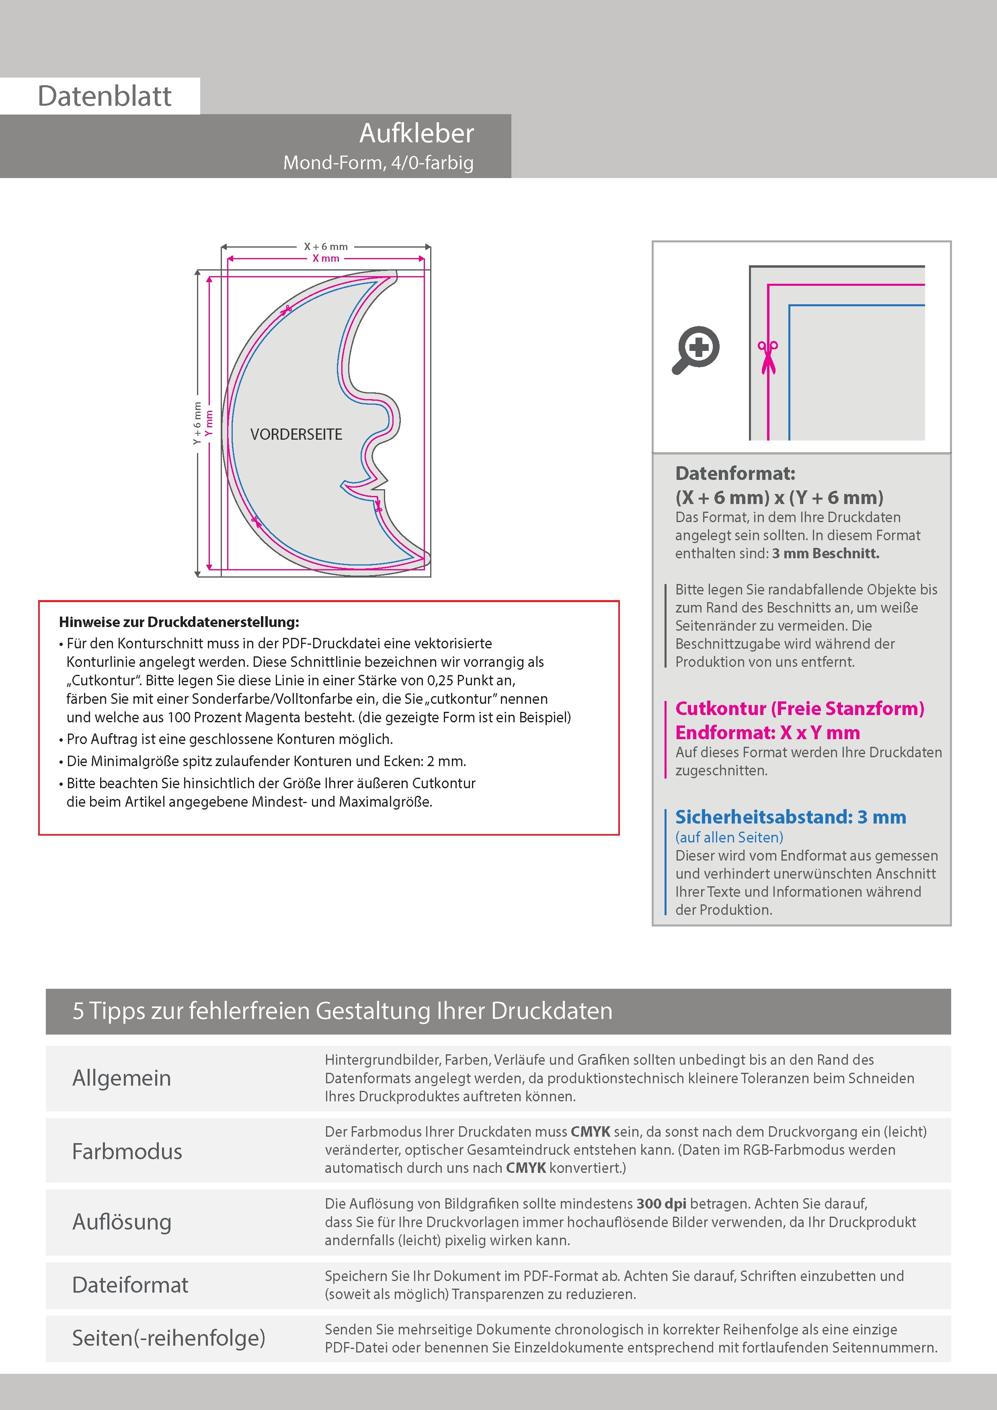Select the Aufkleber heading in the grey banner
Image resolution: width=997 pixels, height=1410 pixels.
coord(416,133)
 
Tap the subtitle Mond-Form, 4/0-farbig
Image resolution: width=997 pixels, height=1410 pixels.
coord(378,163)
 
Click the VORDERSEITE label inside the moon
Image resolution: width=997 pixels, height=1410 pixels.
coord(296,434)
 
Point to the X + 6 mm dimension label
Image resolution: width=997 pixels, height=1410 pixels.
coord(326,246)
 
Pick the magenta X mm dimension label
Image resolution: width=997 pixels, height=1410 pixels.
coord(326,258)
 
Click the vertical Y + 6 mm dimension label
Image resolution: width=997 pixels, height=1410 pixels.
coord(197,423)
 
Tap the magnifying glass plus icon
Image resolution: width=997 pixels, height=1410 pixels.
coord(696,349)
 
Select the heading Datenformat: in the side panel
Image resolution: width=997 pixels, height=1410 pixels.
coord(735,473)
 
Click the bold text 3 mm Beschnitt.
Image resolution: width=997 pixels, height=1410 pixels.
coord(826,553)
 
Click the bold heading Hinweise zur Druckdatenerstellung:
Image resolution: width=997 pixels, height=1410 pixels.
coord(179,622)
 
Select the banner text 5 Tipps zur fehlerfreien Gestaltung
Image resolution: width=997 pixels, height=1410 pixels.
coord(342,1011)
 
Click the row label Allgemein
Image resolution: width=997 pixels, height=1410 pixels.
coord(122,1078)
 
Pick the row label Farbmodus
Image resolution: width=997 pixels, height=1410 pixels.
coord(127,1151)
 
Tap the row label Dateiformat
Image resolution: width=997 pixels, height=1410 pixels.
coord(130,1285)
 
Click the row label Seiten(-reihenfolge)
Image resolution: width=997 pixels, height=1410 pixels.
coord(168,1338)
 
